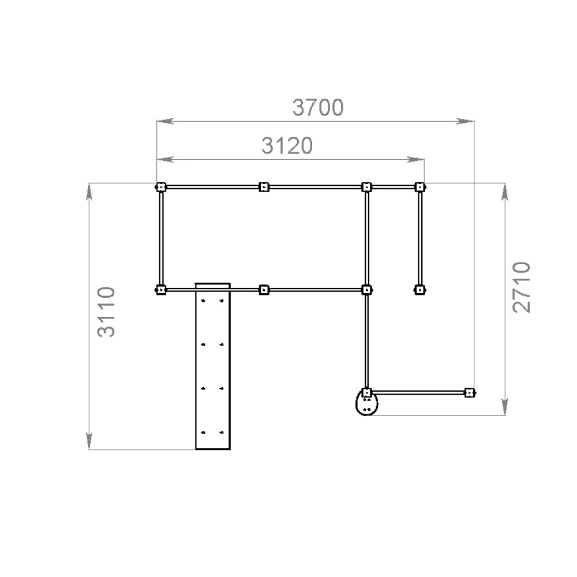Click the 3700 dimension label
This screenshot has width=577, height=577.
pyautogui.click(x=318, y=107)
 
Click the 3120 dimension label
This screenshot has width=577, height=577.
pyautogui.click(x=287, y=145)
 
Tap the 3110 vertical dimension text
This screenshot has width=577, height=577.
pyautogui.click(x=106, y=312)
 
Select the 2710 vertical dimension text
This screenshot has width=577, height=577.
pyautogui.click(x=522, y=287)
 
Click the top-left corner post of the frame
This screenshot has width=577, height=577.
pyautogui.click(x=161, y=187)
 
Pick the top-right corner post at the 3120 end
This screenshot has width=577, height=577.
pyautogui.click(x=420, y=187)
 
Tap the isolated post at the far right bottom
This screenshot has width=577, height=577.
pyautogui.click(x=469, y=392)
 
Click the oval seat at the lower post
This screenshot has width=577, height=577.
pyautogui.click(x=366, y=403)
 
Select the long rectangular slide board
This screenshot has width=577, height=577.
pyautogui.click(x=213, y=366)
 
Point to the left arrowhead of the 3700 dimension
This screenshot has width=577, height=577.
pyautogui.click(x=166, y=121)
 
